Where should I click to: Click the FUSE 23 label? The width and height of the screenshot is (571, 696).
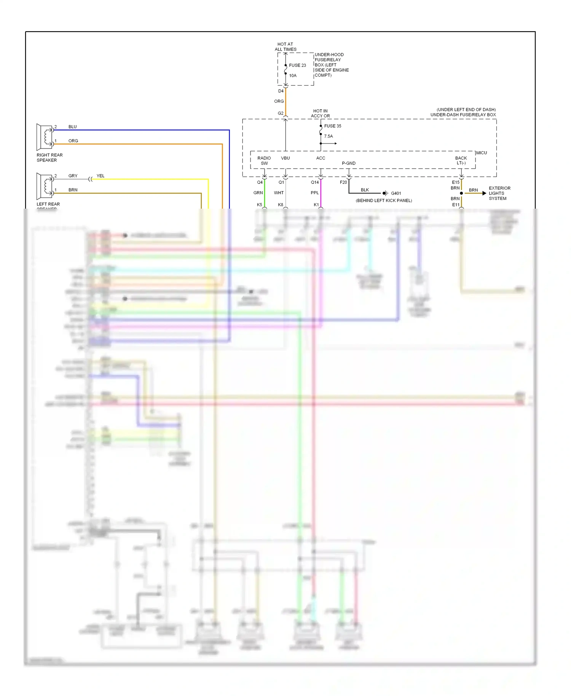click(x=297, y=65)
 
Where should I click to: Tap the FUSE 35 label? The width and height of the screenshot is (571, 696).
click(x=332, y=126)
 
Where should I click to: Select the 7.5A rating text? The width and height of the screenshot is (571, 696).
click(x=329, y=136)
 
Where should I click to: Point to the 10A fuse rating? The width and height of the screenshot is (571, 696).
click(x=293, y=75)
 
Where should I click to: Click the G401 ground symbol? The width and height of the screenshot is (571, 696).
click(x=385, y=193)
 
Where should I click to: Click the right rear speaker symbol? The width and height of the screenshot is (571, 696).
click(x=45, y=137)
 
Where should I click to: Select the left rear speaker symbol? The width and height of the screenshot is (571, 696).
click(x=45, y=186)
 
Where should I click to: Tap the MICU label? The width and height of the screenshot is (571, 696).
click(x=482, y=153)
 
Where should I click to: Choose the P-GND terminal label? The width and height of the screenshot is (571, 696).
click(x=349, y=163)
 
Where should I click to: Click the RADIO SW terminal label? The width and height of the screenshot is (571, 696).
click(x=264, y=161)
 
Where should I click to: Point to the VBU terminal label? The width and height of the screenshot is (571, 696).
click(x=285, y=158)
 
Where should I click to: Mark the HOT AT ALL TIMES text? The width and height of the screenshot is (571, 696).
click(x=285, y=47)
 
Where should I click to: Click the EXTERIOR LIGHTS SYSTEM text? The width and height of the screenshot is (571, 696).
click(x=499, y=193)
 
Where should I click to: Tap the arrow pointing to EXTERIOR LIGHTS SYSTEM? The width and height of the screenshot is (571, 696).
click(x=484, y=193)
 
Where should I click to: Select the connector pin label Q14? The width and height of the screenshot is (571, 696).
click(x=315, y=182)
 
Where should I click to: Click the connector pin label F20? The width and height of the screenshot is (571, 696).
click(x=343, y=182)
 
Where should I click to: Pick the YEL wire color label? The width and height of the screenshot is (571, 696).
click(x=100, y=176)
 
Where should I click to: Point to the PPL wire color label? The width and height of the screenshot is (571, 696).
click(x=315, y=193)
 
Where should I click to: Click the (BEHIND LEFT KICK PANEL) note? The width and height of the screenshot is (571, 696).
click(x=384, y=201)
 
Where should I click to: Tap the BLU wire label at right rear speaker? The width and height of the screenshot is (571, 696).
click(x=72, y=127)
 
